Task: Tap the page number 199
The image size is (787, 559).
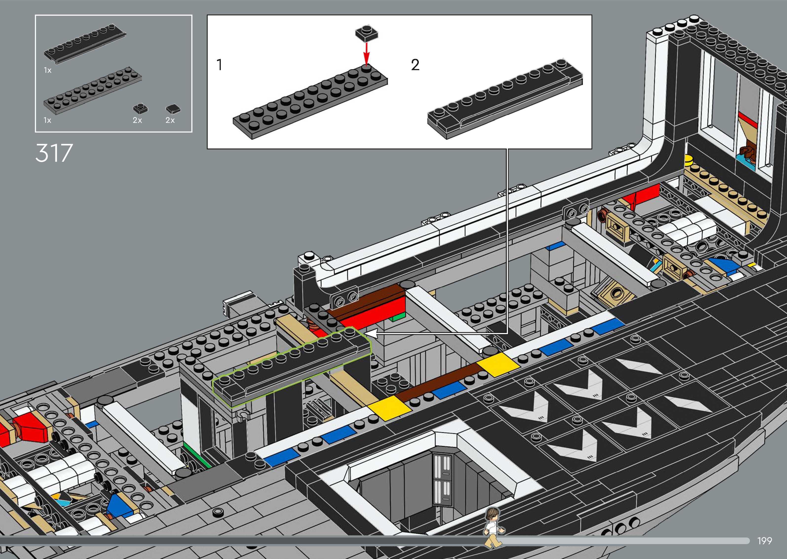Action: tap(764, 541)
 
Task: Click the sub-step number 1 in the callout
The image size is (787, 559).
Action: tap(219, 65)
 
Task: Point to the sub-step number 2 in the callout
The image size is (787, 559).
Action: tap(415, 65)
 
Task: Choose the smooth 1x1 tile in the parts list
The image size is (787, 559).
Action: tap(173, 109)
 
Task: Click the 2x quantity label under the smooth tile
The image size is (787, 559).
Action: tap(170, 120)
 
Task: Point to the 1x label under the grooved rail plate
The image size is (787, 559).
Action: tap(48, 70)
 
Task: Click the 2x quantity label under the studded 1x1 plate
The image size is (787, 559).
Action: tap(137, 120)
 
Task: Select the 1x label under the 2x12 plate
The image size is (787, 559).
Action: tap(48, 120)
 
